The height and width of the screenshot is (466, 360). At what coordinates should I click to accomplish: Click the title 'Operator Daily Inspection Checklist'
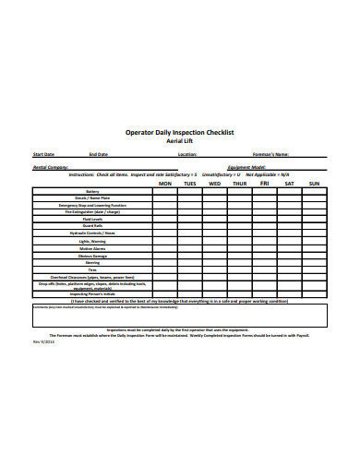pos(180,132)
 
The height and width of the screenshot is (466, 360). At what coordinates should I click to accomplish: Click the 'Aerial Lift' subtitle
pos(180,141)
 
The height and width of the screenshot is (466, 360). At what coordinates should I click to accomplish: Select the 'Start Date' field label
pos(43,154)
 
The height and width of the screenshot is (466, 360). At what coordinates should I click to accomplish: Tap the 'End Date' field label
pos(99,154)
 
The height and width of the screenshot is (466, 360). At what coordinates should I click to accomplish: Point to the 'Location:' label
pos(187,154)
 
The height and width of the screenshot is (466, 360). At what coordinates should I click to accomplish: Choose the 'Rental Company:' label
pos(52,167)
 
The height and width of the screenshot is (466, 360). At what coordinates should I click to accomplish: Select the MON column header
pos(165,184)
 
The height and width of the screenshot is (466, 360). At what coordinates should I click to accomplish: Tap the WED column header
pos(215,184)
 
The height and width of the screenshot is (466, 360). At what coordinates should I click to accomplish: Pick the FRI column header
pos(265,184)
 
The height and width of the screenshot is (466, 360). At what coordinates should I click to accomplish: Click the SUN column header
pos(314,184)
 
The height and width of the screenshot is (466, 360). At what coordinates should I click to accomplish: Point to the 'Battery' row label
pos(91,192)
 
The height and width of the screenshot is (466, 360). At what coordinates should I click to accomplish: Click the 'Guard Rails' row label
pos(91,225)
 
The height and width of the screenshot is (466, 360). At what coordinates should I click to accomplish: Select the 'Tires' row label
pos(91,269)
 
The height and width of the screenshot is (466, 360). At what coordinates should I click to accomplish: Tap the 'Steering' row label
pos(91,262)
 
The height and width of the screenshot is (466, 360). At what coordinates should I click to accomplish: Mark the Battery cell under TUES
pos(190,192)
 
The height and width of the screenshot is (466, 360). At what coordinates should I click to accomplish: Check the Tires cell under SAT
pos(290,269)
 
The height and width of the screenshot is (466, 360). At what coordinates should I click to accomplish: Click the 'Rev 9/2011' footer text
pos(42,341)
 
